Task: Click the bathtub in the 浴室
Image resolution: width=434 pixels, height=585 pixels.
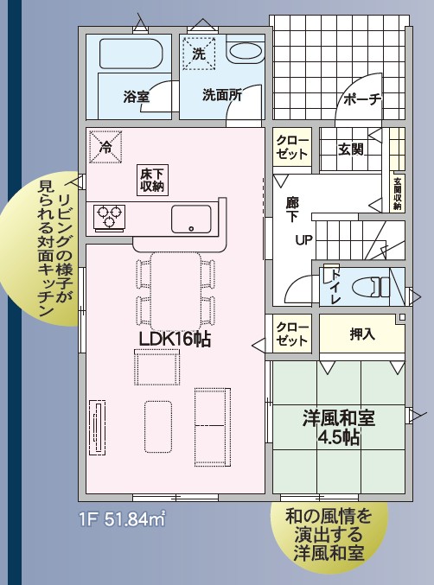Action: pyautogui.click(x=131, y=54)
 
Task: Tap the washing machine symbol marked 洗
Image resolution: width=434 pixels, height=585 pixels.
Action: pyautogui.click(x=199, y=53)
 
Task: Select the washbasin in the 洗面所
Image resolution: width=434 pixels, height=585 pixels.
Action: pyautogui.click(x=246, y=54)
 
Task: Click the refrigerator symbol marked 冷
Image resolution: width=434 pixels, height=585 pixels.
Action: pyautogui.click(x=106, y=147)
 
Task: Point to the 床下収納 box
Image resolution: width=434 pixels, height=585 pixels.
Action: pyautogui.click(x=152, y=181)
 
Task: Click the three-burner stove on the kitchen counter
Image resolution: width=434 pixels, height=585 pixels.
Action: pyautogui.click(x=109, y=216)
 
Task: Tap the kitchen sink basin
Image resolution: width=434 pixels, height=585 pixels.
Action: pyautogui.click(x=191, y=219)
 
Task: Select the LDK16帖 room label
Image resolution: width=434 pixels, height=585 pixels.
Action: pyautogui.click(x=175, y=339)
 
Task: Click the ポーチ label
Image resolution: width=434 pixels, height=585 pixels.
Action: pyautogui.click(x=362, y=99)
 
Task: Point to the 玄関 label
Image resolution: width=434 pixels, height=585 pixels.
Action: pyautogui.click(x=351, y=149)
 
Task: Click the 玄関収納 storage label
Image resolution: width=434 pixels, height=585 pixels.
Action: pyautogui.click(x=398, y=194)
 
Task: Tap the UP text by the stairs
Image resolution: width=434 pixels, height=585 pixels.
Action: pyautogui.click(x=304, y=240)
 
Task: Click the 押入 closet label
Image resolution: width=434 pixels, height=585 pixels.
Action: pyautogui.click(x=362, y=334)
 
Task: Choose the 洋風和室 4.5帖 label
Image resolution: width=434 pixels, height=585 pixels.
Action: pyautogui.click(x=339, y=428)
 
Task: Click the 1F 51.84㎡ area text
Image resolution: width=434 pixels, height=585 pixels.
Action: pyautogui.click(x=122, y=519)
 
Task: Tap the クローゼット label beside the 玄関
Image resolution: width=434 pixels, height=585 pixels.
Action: pyautogui.click(x=292, y=148)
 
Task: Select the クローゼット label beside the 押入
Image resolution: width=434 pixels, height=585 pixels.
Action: pyautogui.click(x=292, y=334)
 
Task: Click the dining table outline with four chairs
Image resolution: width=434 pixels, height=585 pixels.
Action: pyautogui.click(x=176, y=292)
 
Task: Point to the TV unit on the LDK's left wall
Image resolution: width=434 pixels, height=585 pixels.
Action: pyautogui.click(x=97, y=428)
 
